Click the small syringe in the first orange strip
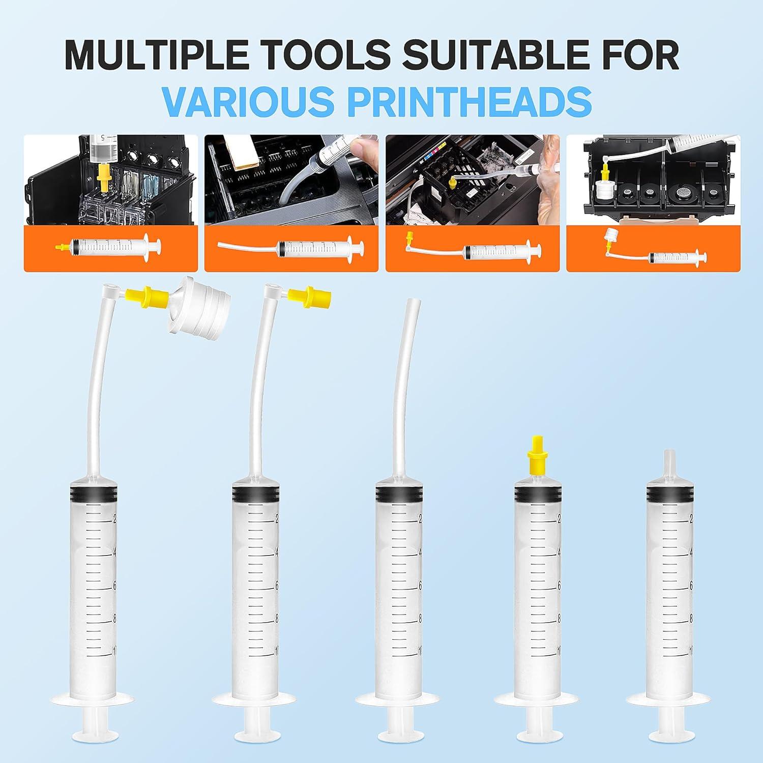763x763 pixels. pos(109,248)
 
